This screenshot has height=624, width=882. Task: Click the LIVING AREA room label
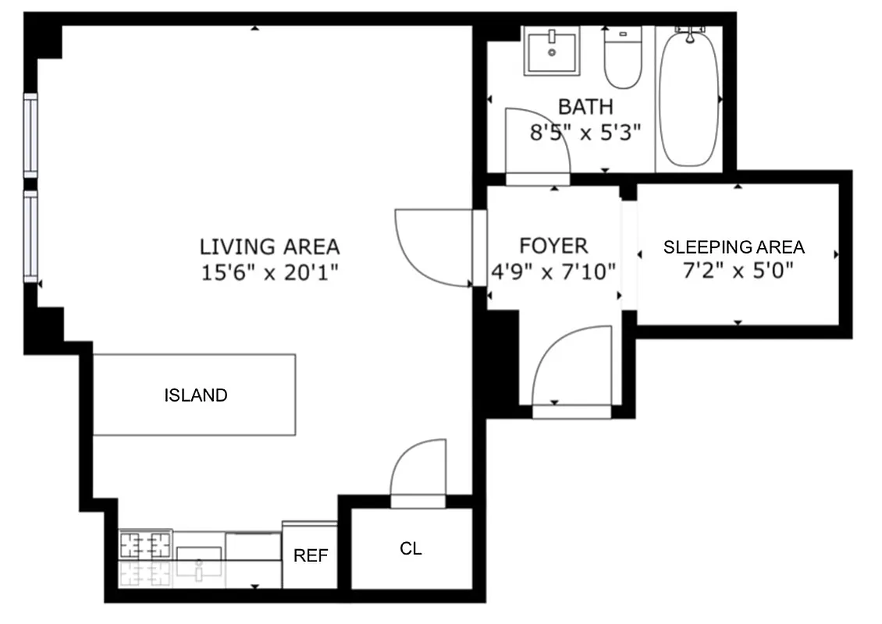point(269,247)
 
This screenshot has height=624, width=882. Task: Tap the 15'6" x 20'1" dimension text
point(269,272)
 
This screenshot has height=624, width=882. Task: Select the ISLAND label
point(195,395)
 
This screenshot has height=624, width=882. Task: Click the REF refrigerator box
point(310,555)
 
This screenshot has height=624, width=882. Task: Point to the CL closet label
point(411,549)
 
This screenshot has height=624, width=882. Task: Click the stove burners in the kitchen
point(145,543)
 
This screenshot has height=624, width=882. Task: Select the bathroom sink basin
point(552,51)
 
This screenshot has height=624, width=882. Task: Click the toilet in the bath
point(622,58)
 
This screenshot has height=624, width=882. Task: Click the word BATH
point(585,107)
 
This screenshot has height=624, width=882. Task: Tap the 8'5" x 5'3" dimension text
point(585,133)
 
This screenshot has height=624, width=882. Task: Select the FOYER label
point(553,246)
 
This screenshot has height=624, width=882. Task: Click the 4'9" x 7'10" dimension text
point(553,272)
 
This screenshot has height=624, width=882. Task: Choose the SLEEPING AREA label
point(734,247)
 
